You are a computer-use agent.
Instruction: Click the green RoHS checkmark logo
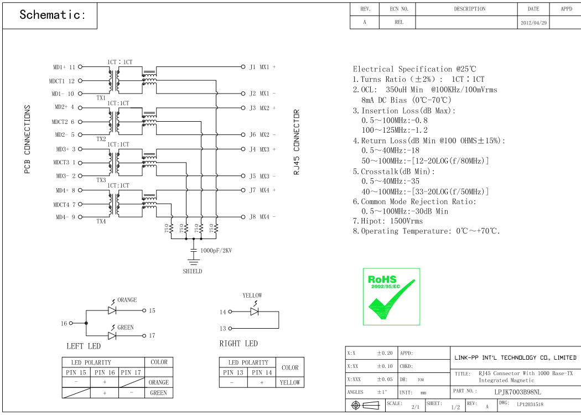(391, 297)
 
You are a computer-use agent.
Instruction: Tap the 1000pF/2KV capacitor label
(216, 251)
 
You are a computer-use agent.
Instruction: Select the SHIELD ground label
(193, 271)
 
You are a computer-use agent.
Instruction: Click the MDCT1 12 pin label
(62, 81)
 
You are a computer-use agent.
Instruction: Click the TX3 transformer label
(101, 180)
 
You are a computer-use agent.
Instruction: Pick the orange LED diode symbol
(112, 310)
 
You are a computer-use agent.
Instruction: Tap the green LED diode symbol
(112, 335)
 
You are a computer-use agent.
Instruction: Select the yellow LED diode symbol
(255, 312)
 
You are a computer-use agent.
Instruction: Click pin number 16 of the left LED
(64, 323)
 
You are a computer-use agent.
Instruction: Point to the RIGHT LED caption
(238, 344)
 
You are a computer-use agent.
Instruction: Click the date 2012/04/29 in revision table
(533, 23)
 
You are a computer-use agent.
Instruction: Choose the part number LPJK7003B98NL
(517, 391)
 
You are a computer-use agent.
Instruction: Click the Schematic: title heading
(53, 15)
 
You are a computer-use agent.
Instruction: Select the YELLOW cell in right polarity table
(290, 382)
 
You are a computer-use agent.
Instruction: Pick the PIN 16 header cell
(105, 372)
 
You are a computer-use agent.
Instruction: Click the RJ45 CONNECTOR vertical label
(297, 142)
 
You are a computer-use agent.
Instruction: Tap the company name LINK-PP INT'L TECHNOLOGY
(515, 357)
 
